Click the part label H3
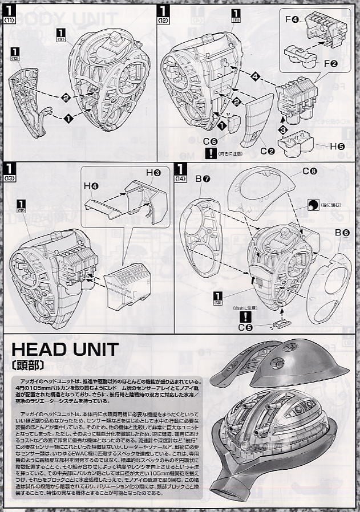pyautogui.click(x=153, y=172)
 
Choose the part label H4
pyautogui.click(x=91, y=186)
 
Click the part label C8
pyautogui.click(x=309, y=170)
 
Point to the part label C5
pyautogui.click(x=245, y=327)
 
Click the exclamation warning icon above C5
pyautogui.click(x=245, y=316)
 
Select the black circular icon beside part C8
pyautogui.click(x=313, y=205)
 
